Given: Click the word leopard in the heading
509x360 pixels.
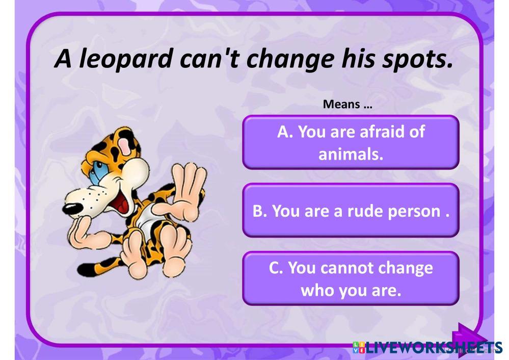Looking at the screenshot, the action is tap(125, 59).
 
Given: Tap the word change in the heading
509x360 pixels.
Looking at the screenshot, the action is tap(290, 59).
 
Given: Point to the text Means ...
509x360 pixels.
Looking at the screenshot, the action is tap(341, 105).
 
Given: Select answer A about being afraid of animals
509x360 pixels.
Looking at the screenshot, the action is tap(351, 142).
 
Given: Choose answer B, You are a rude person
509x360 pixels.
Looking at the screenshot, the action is tap(351, 211).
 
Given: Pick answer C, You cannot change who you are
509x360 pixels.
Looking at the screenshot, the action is tap(351, 278).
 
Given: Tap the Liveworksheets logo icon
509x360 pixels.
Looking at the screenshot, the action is tap(358, 347).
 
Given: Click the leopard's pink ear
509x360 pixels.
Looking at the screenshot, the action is tap(125, 145).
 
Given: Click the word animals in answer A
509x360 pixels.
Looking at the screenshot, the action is tap(351, 155).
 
